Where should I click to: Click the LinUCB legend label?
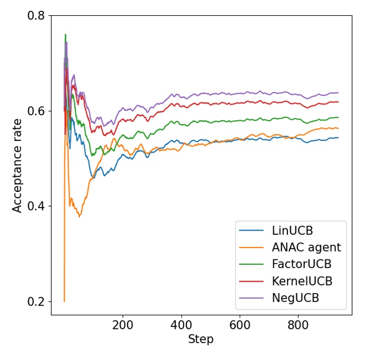[x=292, y=230]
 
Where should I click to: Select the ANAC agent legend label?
[x=306, y=247]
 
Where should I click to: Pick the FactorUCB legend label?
[x=301, y=264]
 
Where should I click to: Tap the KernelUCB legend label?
[x=302, y=281]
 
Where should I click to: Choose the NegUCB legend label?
[x=295, y=298]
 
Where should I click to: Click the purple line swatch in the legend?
[x=251, y=298]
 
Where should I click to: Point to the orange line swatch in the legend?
[x=251, y=247]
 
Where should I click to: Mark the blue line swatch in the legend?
[x=251, y=231]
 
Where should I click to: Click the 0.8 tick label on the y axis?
[x=36, y=16]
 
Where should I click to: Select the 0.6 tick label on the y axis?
[x=36, y=111]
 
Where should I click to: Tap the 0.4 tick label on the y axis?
[x=36, y=206]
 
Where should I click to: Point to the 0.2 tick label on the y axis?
[x=36, y=301]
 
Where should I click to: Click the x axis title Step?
[x=200, y=339]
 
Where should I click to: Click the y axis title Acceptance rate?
[x=17, y=165]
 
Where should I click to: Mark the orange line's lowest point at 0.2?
[x=64, y=301]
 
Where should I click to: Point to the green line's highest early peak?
[x=65, y=35]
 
